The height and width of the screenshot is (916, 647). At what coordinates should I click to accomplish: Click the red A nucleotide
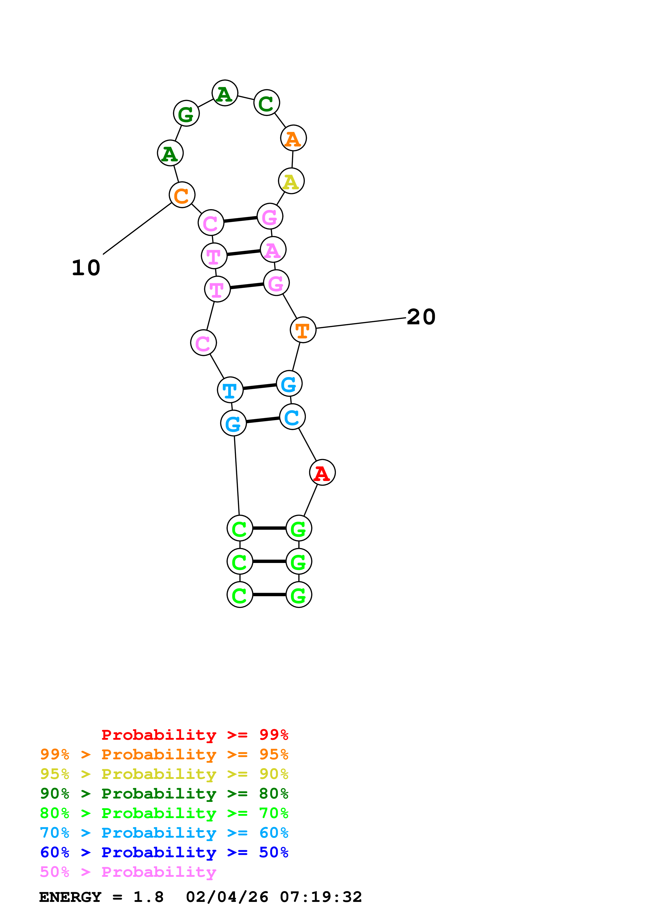(322, 473)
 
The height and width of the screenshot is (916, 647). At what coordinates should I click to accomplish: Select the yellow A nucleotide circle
(291, 181)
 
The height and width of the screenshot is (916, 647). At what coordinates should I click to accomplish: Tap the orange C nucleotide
(182, 195)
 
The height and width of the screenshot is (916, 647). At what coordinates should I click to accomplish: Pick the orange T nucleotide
(303, 330)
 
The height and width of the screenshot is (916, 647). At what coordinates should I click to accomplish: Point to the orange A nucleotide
(293, 138)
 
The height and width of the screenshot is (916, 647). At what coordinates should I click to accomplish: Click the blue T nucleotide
(230, 390)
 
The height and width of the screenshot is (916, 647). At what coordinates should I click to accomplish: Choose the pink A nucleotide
(273, 250)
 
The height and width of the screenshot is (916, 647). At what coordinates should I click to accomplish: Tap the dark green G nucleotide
(186, 114)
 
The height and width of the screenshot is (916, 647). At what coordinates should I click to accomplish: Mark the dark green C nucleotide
(266, 103)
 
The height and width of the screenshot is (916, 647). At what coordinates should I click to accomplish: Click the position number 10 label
(86, 268)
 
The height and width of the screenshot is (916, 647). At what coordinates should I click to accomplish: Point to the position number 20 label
(421, 317)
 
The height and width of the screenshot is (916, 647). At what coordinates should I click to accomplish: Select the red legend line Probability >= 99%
(194, 735)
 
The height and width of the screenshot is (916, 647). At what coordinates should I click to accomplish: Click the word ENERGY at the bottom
(70, 897)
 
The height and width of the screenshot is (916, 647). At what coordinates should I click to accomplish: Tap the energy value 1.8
(148, 897)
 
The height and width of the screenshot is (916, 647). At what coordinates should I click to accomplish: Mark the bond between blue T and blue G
(259, 387)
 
